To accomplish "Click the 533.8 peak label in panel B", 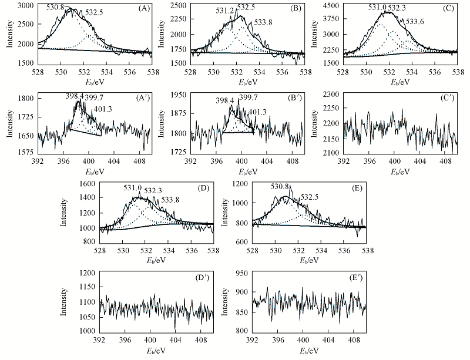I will [x=264, y=23].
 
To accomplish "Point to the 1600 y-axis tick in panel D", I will [x=88, y=184].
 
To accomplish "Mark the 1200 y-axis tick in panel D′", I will [x=88, y=273].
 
